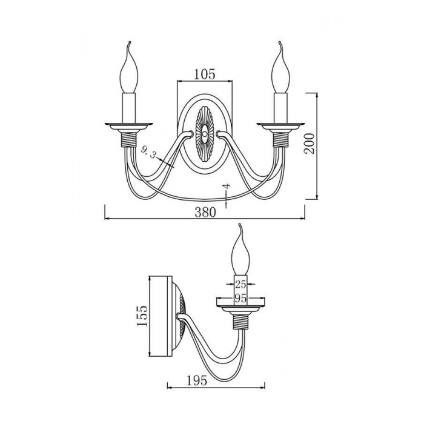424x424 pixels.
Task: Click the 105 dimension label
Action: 205,74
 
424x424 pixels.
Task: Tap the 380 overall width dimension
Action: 205,212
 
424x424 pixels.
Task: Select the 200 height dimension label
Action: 310,144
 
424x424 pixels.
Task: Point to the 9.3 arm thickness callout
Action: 149,153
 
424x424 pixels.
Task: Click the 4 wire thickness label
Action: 227,186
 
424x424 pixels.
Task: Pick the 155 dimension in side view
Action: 142,316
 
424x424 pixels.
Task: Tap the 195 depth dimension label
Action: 197,381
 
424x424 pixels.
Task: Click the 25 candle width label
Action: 240,284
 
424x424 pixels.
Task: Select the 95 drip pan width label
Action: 240,298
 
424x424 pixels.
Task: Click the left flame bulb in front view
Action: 129,71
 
